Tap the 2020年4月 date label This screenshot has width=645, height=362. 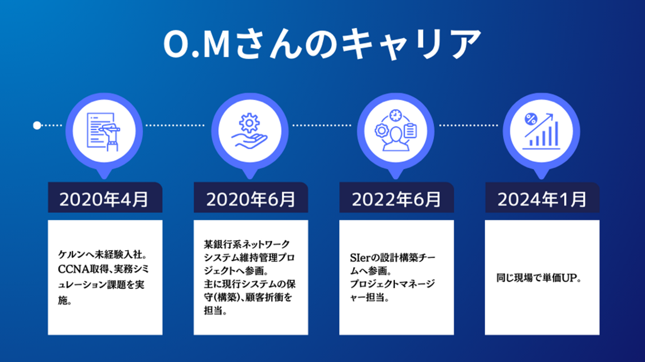[104, 200]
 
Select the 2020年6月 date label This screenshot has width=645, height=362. [250, 200]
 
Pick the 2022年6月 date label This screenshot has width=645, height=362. [396, 200]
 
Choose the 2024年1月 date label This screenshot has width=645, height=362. [542, 200]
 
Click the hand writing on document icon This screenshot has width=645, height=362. [104, 131]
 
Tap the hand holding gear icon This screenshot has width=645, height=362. [250, 131]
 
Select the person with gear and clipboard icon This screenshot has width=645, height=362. [396, 131]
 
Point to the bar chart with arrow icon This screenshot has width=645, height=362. [542, 131]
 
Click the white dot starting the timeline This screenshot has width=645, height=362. [37, 126]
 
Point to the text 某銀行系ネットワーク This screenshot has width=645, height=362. [247, 245]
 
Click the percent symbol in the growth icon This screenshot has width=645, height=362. [531, 119]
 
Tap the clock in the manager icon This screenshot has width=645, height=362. [396, 115]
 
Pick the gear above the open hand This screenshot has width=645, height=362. [250, 122]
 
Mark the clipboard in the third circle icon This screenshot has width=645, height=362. [410, 131]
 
